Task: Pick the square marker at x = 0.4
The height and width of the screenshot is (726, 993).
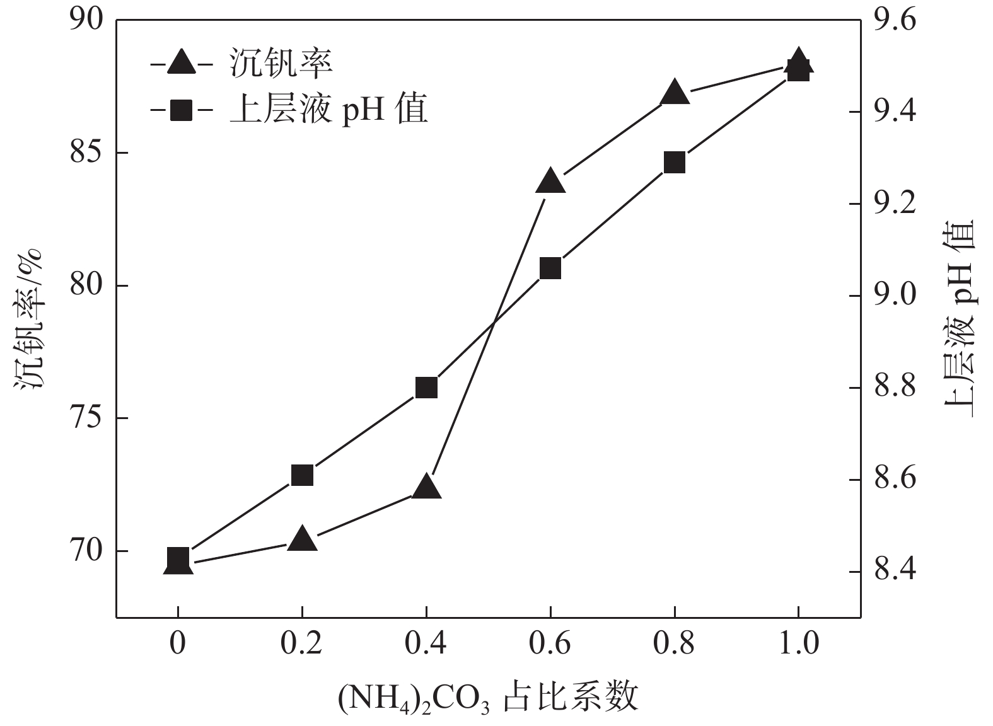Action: [426, 388]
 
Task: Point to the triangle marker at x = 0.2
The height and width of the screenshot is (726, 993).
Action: [302, 539]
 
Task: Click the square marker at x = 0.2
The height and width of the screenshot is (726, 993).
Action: [302, 475]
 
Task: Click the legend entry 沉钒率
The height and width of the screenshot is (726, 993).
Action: [281, 63]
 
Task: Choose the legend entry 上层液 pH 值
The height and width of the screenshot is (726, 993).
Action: [328, 110]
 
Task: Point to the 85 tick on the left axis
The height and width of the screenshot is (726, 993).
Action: [86, 153]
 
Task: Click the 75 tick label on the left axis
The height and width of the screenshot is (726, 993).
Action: [86, 418]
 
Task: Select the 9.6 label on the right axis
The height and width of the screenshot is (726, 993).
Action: [896, 20]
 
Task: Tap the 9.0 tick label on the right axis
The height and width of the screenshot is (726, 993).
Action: [896, 296]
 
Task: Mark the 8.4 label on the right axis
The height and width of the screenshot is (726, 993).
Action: [896, 571]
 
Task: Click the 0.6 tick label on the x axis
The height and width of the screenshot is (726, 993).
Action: [550, 644]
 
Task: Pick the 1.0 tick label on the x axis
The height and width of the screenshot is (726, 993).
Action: [798, 644]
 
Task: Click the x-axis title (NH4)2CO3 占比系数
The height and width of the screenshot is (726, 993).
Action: [489, 698]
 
